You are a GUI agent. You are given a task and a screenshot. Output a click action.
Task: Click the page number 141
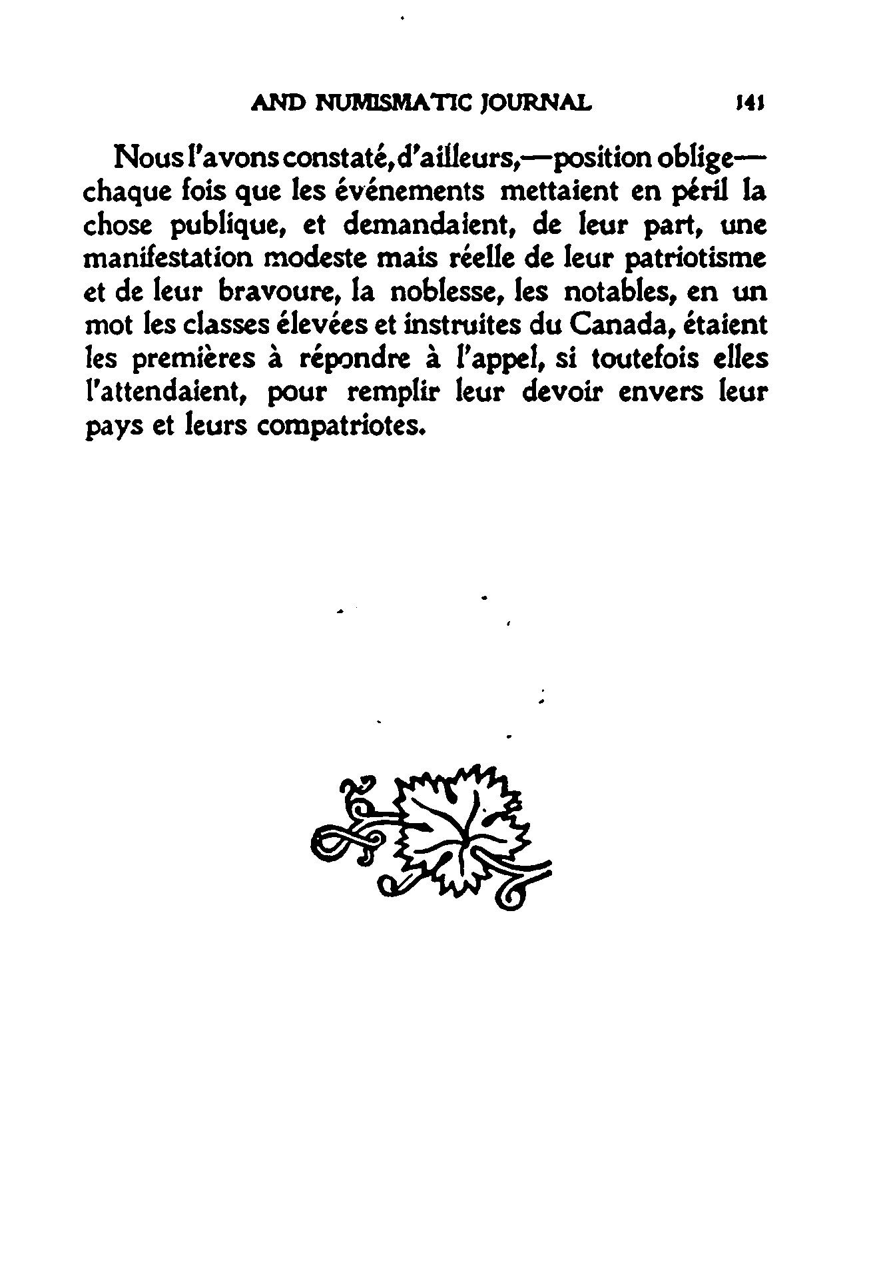coord(748,103)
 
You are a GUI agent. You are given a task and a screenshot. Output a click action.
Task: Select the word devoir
coord(561,392)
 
